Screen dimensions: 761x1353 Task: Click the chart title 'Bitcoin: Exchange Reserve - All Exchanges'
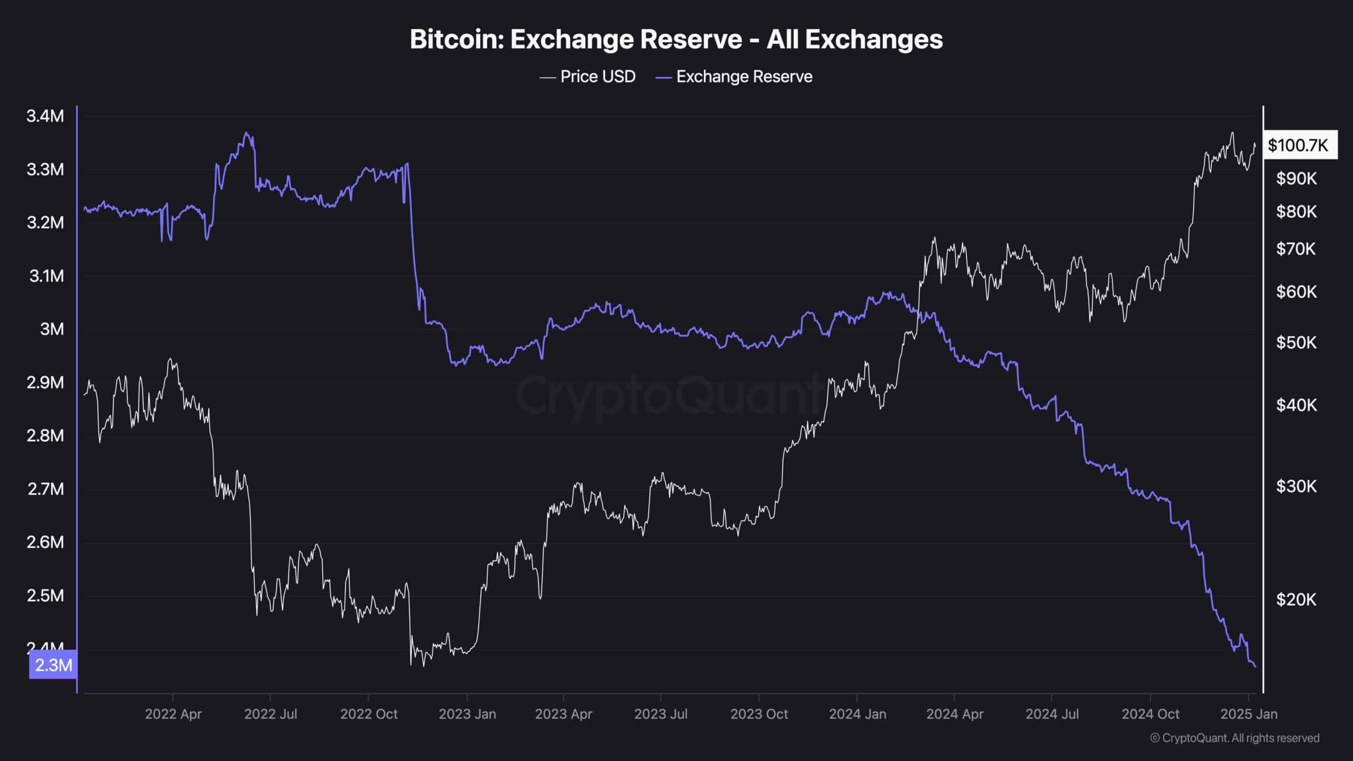[x=676, y=40]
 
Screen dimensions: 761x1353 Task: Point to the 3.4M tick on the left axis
[x=45, y=116]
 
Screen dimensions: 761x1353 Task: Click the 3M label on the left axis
[x=52, y=329]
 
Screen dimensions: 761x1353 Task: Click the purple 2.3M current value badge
[x=53, y=665]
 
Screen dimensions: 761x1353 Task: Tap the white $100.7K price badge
[x=1298, y=145]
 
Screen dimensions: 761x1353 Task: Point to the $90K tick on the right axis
[x=1296, y=179]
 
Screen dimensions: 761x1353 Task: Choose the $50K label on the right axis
[x=1296, y=342]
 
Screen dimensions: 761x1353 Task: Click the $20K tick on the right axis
[x=1296, y=599]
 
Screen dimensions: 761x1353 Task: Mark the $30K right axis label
[x=1296, y=486]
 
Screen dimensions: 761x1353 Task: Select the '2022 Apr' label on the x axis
[x=173, y=714]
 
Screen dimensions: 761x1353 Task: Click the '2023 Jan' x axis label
[x=467, y=714]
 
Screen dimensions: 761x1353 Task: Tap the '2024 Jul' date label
[x=1052, y=714]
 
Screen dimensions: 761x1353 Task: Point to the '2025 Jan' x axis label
[x=1248, y=714]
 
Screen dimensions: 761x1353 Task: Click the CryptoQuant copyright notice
[x=1235, y=738]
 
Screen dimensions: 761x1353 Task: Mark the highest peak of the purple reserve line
[x=247, y=133]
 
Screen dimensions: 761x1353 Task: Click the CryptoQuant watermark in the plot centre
[x=669, y=395]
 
